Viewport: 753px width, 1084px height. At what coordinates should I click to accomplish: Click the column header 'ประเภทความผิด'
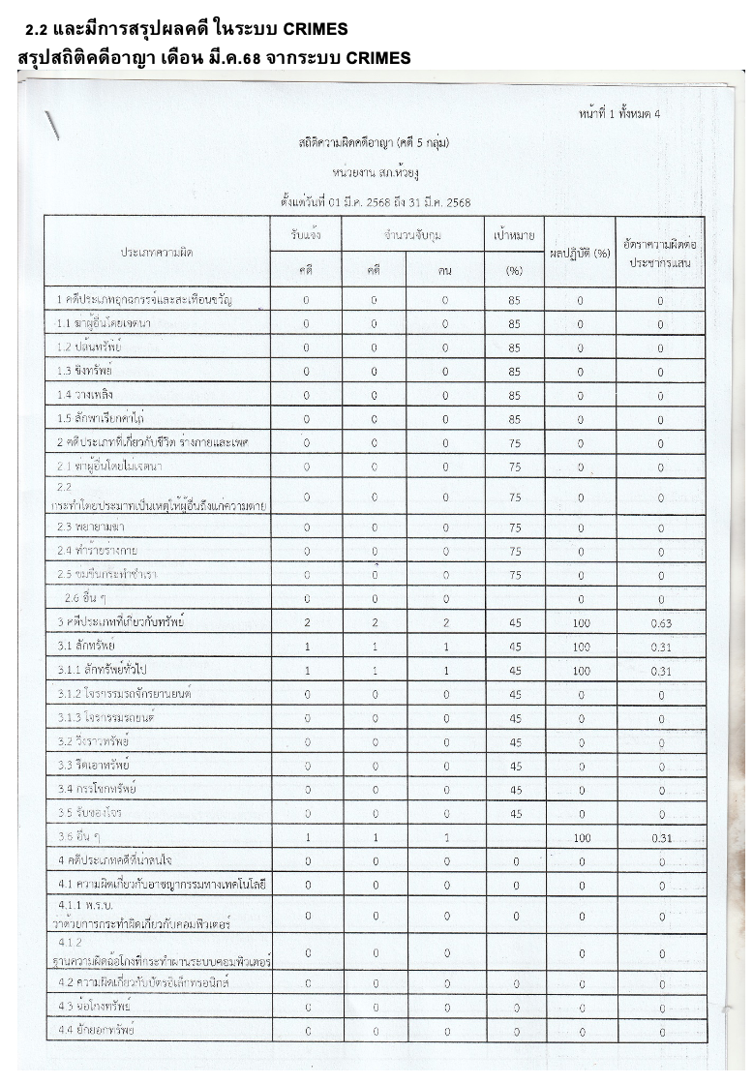pos(157,252)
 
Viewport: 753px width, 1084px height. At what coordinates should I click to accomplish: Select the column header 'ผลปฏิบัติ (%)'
pos(580,254)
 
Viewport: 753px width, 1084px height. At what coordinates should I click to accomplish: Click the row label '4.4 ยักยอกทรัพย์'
pos(96,1030)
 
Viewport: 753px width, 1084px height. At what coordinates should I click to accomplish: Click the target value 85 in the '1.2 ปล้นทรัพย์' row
pos(515,347)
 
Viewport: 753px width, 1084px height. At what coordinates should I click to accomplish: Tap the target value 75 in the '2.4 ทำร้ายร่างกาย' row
pos(515,551)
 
